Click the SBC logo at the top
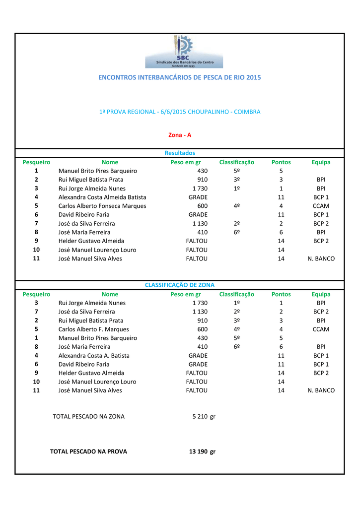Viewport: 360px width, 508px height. pos(184,52)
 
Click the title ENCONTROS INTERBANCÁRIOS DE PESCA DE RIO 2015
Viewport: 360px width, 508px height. pos(180,77)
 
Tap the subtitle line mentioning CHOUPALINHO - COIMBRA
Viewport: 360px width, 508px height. pos(180,112)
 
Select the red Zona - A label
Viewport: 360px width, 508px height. pos(180,135)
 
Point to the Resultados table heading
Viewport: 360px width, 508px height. pos(180,153)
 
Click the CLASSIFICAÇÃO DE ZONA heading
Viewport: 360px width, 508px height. pos(180,285)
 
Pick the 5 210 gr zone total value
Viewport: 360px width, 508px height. pos(204,417)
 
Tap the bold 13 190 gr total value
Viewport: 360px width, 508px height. pos(202,451)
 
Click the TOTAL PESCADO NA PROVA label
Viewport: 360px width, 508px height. pos(89,451)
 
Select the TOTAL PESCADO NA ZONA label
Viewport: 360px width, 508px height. pos(89,417)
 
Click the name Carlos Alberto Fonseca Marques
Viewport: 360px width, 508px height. pos(102,206)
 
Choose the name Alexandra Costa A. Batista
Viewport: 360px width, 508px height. pos(94,356)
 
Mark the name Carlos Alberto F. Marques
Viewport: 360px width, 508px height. pos(93,329)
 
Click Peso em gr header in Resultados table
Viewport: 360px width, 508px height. pos(185,162)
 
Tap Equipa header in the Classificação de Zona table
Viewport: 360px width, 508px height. pos(321,294)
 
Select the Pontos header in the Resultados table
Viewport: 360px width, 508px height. pos(281,162)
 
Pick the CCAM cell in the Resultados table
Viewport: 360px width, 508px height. pos(321,206)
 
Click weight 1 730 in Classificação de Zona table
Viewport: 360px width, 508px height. pos(200,303)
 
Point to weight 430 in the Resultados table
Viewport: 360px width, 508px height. pos(202,171)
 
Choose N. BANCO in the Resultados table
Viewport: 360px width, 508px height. pos(321,259)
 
